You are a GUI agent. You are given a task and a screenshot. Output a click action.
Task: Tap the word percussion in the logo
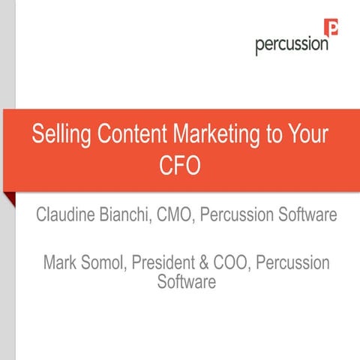pyautogui.click(x=291, y=44)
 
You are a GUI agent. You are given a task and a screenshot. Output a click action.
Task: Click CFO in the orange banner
pyautogui.click(x=179, y=165)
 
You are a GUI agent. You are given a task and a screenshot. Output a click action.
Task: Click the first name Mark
pyautogui.click(x=62, y=264)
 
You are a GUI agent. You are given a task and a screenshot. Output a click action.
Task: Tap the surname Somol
pyautogui.click(x=107, y=264)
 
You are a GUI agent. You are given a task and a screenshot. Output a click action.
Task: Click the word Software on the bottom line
pyautogui.click(x=187, y=282)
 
